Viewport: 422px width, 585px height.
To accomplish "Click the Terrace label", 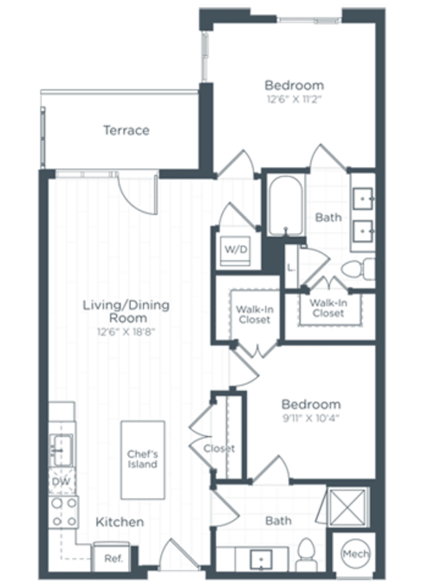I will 126,130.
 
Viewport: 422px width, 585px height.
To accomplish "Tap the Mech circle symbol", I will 355,554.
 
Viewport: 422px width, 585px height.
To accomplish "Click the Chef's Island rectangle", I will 142,458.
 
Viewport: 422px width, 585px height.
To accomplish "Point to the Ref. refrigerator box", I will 112,558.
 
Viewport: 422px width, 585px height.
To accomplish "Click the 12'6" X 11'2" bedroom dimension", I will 294,99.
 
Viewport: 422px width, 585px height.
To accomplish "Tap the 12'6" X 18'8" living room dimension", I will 126,332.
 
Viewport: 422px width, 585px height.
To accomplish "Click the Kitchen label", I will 119,522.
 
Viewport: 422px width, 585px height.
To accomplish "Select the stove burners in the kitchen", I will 63,512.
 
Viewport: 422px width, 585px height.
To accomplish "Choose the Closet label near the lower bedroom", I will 218,448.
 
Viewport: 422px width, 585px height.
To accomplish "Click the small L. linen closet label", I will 291,267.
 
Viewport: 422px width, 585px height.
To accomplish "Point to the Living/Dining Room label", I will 125,312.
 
